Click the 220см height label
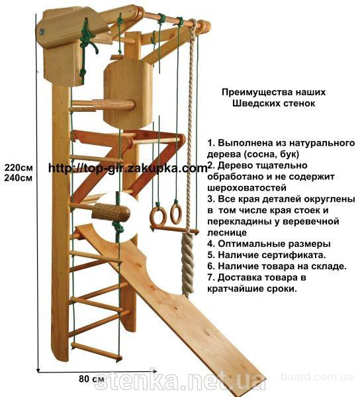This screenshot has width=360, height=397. coord(19,167)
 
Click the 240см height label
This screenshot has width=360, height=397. coord(19,178)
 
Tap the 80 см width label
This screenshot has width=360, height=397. coord(91,379)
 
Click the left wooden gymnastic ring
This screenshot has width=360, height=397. coord(158,216)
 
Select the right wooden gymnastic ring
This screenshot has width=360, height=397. coord(175,214)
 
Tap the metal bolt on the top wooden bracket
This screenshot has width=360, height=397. coord(42,31)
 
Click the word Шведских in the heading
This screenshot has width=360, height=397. coord(253,104)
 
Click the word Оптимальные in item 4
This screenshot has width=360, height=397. coord(251,244)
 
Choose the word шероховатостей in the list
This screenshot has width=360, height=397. coord(247,188)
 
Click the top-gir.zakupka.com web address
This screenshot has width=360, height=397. coord(128,168)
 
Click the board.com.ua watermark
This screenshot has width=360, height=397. coord(317,377)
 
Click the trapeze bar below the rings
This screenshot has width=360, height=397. coord(175,230)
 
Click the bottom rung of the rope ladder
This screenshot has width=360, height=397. coord(97,351)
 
